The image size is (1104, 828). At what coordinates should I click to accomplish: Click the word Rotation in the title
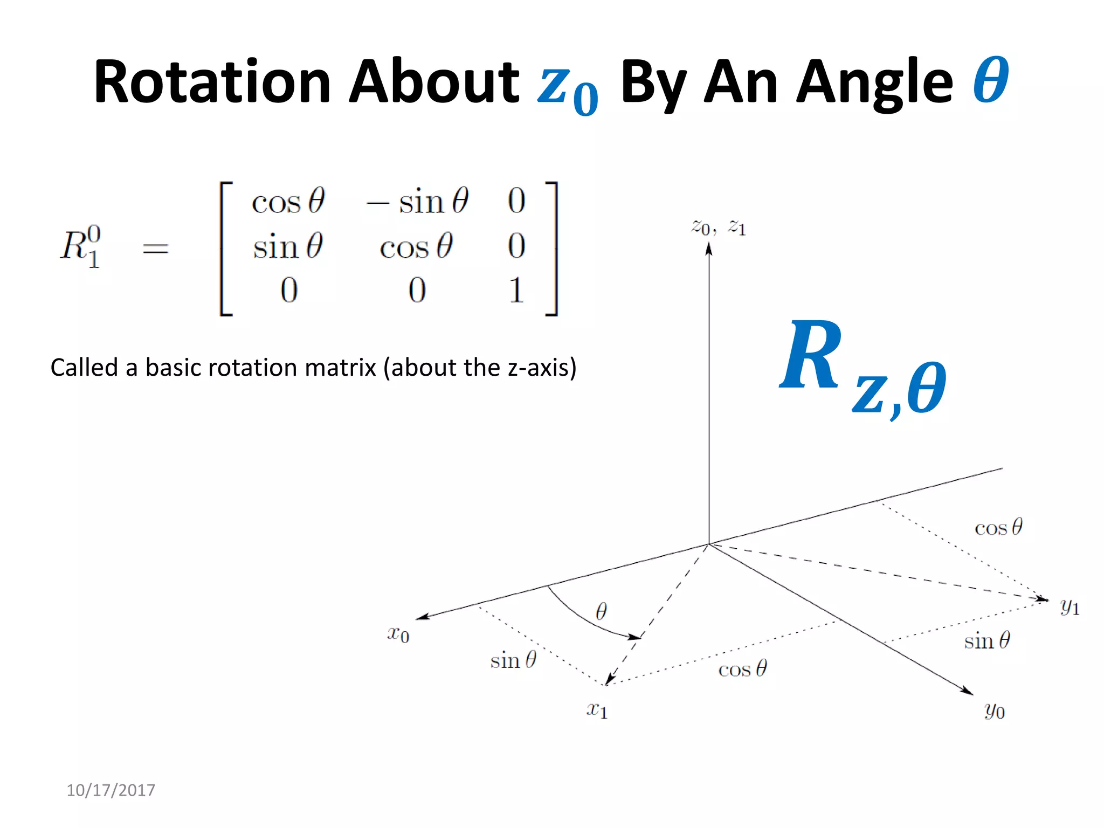click(212, 82)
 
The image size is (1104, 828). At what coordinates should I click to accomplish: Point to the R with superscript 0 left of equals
click(80, 246)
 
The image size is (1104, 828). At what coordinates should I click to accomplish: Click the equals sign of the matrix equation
click(155, 249)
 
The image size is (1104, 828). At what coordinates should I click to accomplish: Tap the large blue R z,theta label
click(862, 367)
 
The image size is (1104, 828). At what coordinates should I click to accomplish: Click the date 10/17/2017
click(111, 790)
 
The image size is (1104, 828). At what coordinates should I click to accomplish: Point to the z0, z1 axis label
click(719, 227)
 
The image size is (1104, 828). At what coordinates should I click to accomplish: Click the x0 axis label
click(398, 633)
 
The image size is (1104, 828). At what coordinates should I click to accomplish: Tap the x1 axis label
click(597, 710)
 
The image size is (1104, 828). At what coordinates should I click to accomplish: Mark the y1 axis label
click(1069, 607)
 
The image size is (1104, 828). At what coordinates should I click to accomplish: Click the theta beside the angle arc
click(602, 611)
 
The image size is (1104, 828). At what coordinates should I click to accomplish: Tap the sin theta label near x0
click(513, 660)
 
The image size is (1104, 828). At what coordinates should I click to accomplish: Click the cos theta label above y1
click(998, 527)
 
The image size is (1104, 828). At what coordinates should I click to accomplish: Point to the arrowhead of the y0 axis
click(968, 691)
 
